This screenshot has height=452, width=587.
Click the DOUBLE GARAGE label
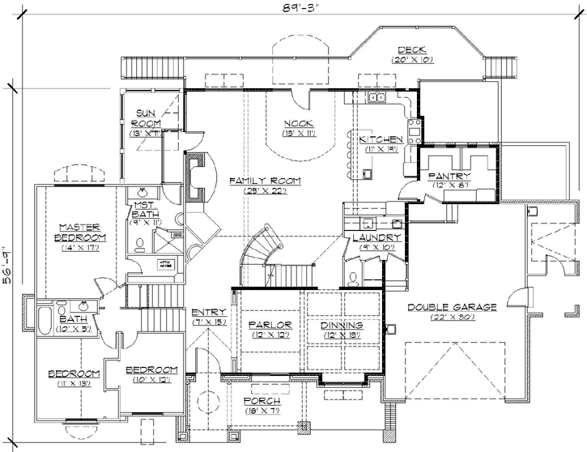[441, 307]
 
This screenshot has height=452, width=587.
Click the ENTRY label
[208, 312]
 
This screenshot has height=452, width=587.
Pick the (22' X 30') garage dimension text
[441, 318]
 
